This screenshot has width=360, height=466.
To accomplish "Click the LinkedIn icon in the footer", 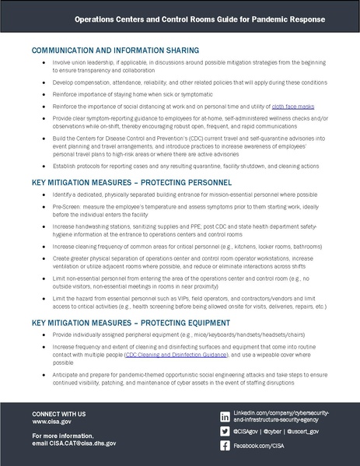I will pos(225,417).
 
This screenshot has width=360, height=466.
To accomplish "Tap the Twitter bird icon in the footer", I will pos(225,430).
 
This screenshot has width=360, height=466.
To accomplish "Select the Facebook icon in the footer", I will pos(225,445).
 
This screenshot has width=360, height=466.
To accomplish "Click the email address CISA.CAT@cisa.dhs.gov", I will pos(84,443).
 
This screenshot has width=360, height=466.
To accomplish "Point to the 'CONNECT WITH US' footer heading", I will pos(59,412).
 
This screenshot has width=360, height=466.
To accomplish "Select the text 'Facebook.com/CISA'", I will pos(261,445).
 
